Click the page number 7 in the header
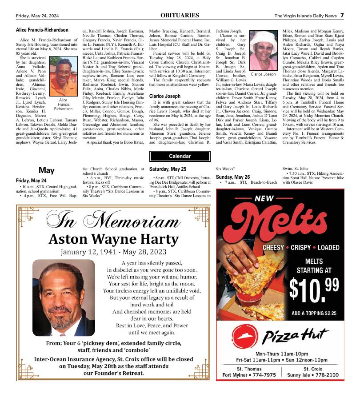pyautogui.click(x=342, y=16)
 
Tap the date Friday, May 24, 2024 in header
pyautogui.click(x=37, y=16)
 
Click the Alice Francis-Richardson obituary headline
pyautogui.click(x=42, y=30)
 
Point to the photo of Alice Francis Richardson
pyautogui.click(x=63, y=77)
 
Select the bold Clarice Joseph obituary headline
pyautogui.click(x=165, y=96)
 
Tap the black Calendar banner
pyautogui.click(x=180, y=156)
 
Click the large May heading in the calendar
pyautogui.click(x=46, y=170)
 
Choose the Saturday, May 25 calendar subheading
pyautogui.click(x=168, y=169)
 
